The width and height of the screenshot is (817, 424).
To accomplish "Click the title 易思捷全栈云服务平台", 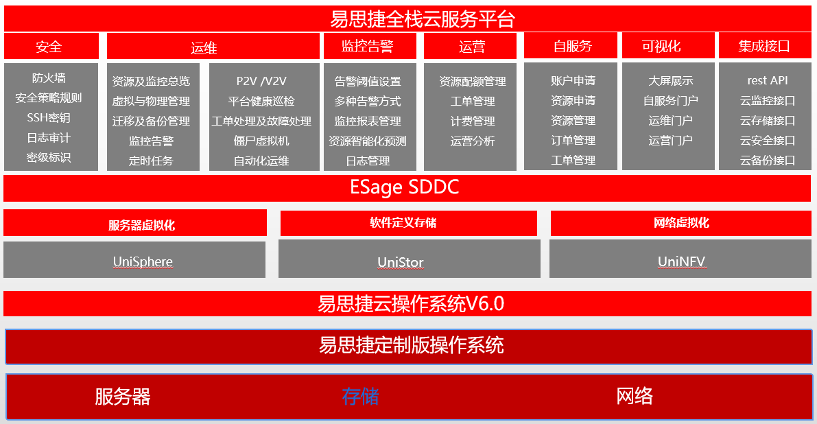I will [422, 19].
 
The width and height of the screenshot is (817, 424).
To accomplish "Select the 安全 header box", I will [49, 47].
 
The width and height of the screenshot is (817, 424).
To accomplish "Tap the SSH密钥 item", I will [49, 117].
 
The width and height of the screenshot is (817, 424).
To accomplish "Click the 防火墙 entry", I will [49, 78].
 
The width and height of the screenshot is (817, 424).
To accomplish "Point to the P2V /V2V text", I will [261, 81].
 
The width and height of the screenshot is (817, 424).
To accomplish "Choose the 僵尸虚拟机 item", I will [261, 141].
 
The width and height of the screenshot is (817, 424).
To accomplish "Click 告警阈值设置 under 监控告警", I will [368, 82].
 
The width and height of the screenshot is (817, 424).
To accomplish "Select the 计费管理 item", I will [473, 121].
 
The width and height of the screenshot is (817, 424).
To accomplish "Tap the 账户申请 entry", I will [573, 80].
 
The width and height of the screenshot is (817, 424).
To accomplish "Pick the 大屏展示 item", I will [670, 81].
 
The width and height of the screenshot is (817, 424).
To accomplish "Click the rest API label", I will [768, 80].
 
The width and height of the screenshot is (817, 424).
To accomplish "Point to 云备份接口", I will [768, 161].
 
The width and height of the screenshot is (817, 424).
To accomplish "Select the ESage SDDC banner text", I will [404, 187].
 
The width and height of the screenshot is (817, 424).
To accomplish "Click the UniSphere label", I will [143, 261].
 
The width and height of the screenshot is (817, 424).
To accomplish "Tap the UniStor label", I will [401, 262].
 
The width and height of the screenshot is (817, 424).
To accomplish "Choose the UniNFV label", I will [681, 261].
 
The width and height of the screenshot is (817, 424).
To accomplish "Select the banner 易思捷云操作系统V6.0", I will [411, 303].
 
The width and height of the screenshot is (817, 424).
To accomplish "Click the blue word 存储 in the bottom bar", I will [360, 396].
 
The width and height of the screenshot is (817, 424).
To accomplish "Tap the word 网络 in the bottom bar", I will [635, 396].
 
